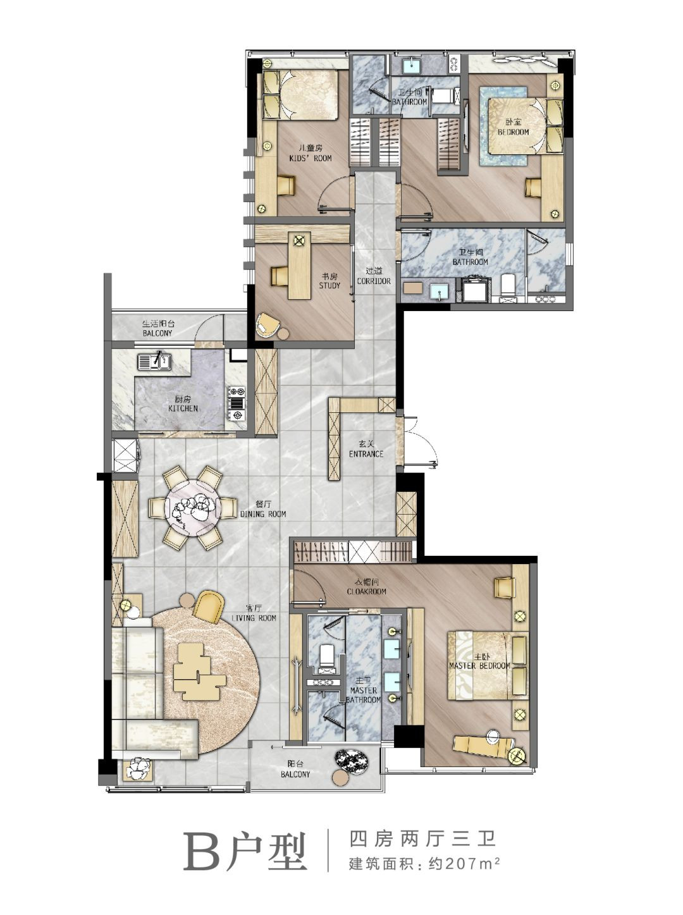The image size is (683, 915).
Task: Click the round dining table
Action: point(192,508)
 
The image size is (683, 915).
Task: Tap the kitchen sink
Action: point(154,361)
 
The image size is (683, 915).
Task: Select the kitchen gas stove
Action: point(237,403)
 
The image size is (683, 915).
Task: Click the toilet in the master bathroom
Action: point(326,659)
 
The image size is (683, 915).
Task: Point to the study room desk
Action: point(299,266)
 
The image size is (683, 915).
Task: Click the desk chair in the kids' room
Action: point(285,185)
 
